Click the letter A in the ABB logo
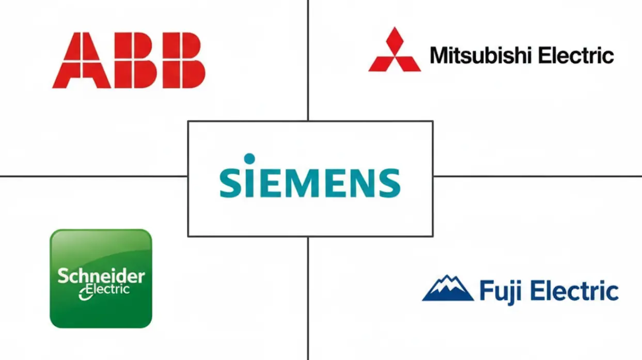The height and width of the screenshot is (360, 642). pyautogui.click(x=82, y=60)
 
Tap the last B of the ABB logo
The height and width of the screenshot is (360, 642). pyautogui.click(x=182, y=60)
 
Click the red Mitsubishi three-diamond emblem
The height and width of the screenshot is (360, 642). pyautogui.click(x=395, y=49)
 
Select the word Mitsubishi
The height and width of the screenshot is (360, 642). pyautogui.click(x=479, y=55)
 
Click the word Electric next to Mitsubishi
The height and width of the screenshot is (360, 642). pyautogui.click(x=576, y=55)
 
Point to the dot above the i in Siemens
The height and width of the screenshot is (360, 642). pyautogui.click(x=249, y=159)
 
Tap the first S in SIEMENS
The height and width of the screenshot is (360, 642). pyautogui.click(x=231, y=183)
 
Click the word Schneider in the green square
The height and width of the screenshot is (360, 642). pyautogui.click(x=101, y=276)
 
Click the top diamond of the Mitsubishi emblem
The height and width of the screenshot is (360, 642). pyautogui.click(x=395, y=39)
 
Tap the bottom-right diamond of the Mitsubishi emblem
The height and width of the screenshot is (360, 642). pyautogui.click(x=408, y=64)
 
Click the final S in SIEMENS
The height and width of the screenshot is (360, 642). pyautogui.click(x=389, y=183)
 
